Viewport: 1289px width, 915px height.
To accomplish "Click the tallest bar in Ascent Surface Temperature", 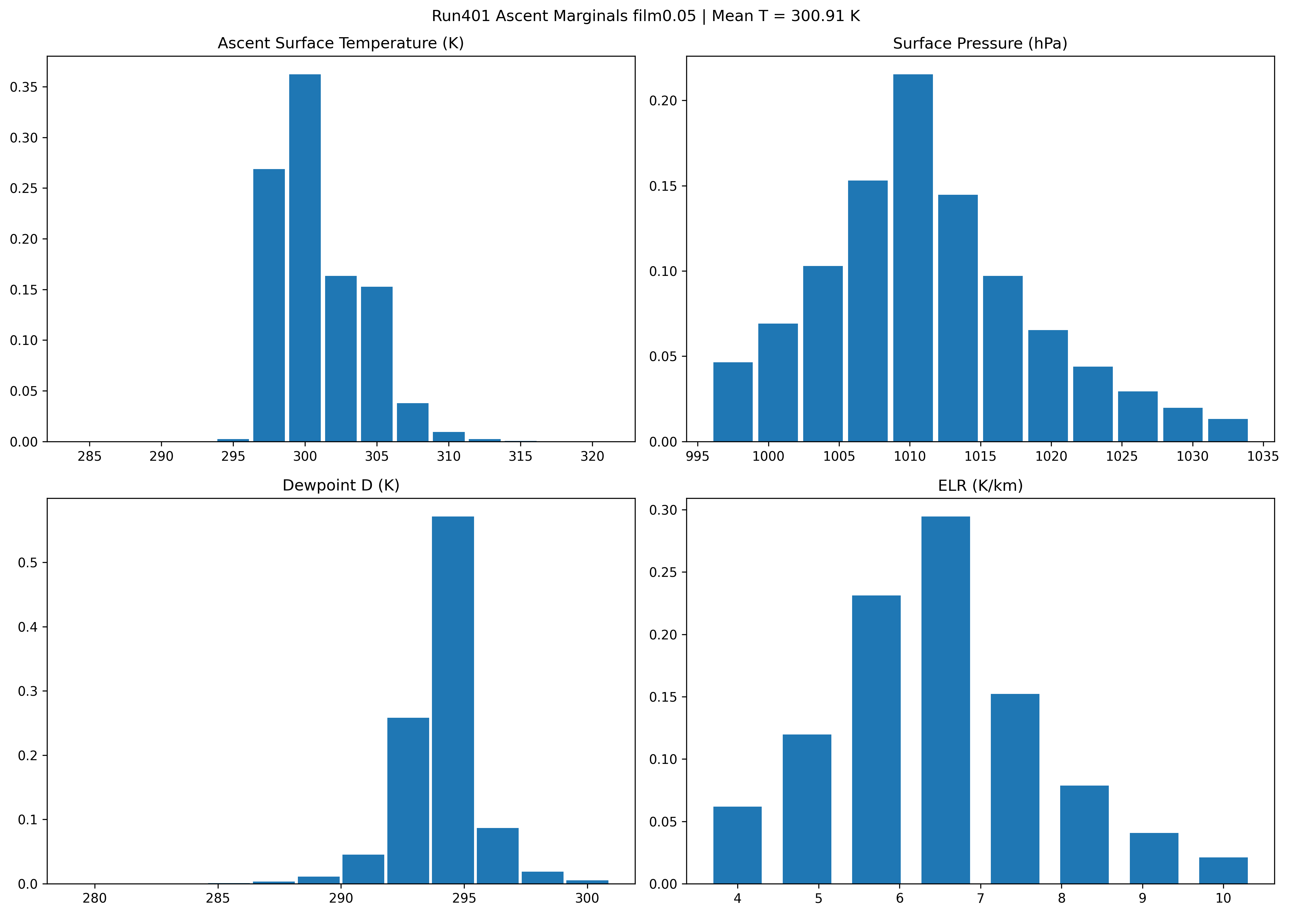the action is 305,258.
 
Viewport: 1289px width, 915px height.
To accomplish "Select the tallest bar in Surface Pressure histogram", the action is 913,258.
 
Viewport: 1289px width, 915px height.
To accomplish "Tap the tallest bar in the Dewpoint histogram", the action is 453,700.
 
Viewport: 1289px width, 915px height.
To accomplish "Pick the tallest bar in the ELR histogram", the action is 945,700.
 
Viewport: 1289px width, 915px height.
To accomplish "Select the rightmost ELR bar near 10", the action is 1223,870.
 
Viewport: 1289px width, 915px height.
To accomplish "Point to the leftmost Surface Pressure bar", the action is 733,402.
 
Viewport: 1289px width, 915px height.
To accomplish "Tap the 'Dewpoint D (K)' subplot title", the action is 341,486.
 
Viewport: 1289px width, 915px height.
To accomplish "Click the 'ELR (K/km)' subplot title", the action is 980,486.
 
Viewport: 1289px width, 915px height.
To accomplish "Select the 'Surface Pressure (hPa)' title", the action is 980,43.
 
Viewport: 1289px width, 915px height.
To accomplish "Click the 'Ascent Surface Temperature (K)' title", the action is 341,43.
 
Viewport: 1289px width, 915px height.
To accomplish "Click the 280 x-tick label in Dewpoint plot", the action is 95,898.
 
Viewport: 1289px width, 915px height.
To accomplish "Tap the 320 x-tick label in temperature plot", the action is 592,456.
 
